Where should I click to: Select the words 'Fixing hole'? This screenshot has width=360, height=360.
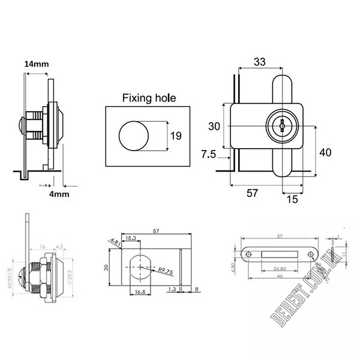(x=149, y=97)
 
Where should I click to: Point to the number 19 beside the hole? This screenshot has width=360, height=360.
(x=176, y=136)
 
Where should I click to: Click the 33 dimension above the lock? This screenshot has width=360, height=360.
(x=259, y=61)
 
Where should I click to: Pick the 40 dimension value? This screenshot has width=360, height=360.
(x=325, y=152)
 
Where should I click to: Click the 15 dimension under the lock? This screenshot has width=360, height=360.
(x=292, y=199)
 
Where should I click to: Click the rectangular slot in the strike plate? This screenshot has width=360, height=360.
(x=279, y=254)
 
